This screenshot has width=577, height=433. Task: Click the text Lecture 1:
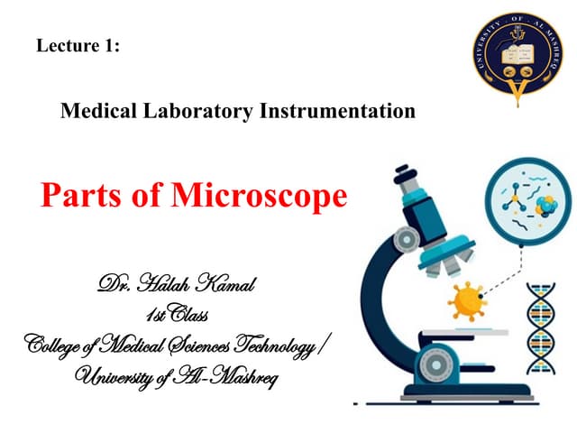(78, 46)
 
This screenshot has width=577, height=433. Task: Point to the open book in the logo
(516, 51)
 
